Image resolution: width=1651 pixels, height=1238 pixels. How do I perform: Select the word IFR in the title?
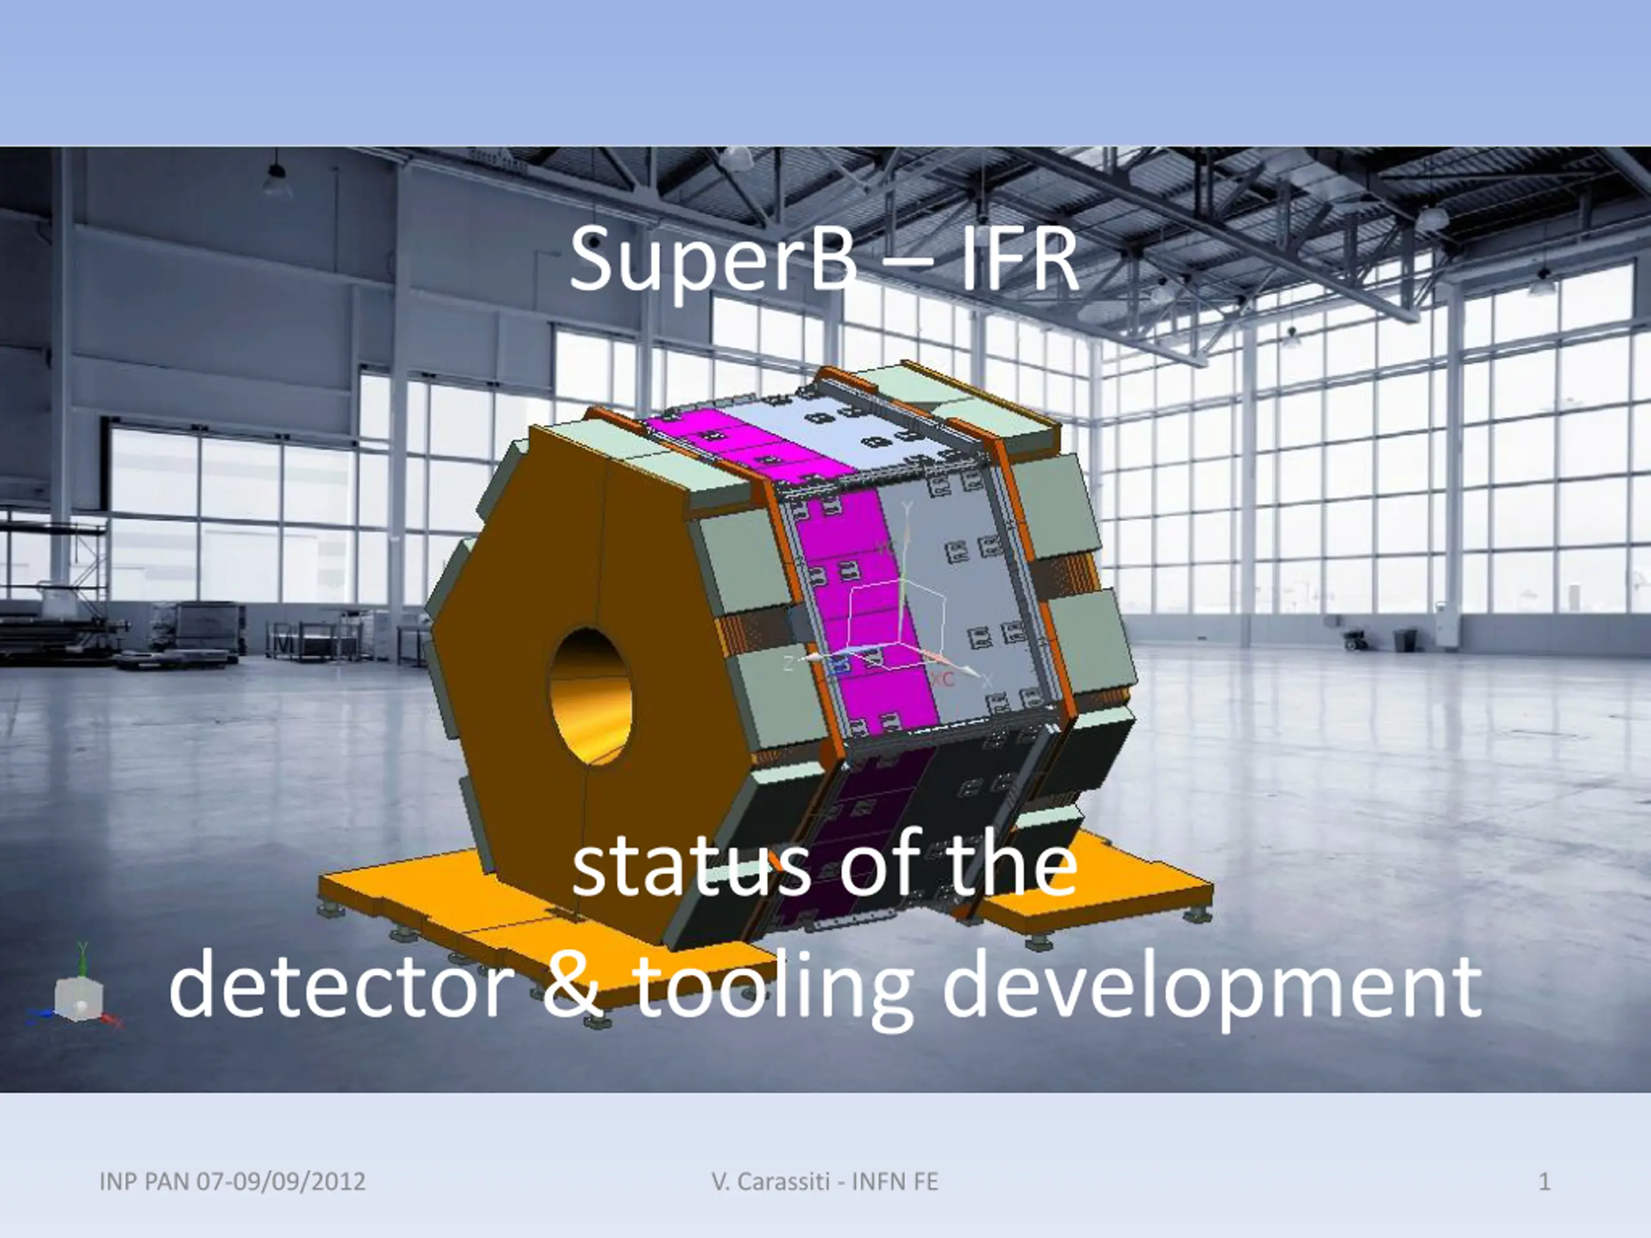(x=1020, y=260)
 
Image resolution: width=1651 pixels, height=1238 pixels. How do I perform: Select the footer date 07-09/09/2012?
(x=281, y=1181)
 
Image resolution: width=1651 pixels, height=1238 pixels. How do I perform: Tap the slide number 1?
(x=1545, y=1181)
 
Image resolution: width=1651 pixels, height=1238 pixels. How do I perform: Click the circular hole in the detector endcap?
(x=590, y=696)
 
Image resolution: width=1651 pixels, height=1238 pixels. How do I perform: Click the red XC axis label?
(x=942, y=679)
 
